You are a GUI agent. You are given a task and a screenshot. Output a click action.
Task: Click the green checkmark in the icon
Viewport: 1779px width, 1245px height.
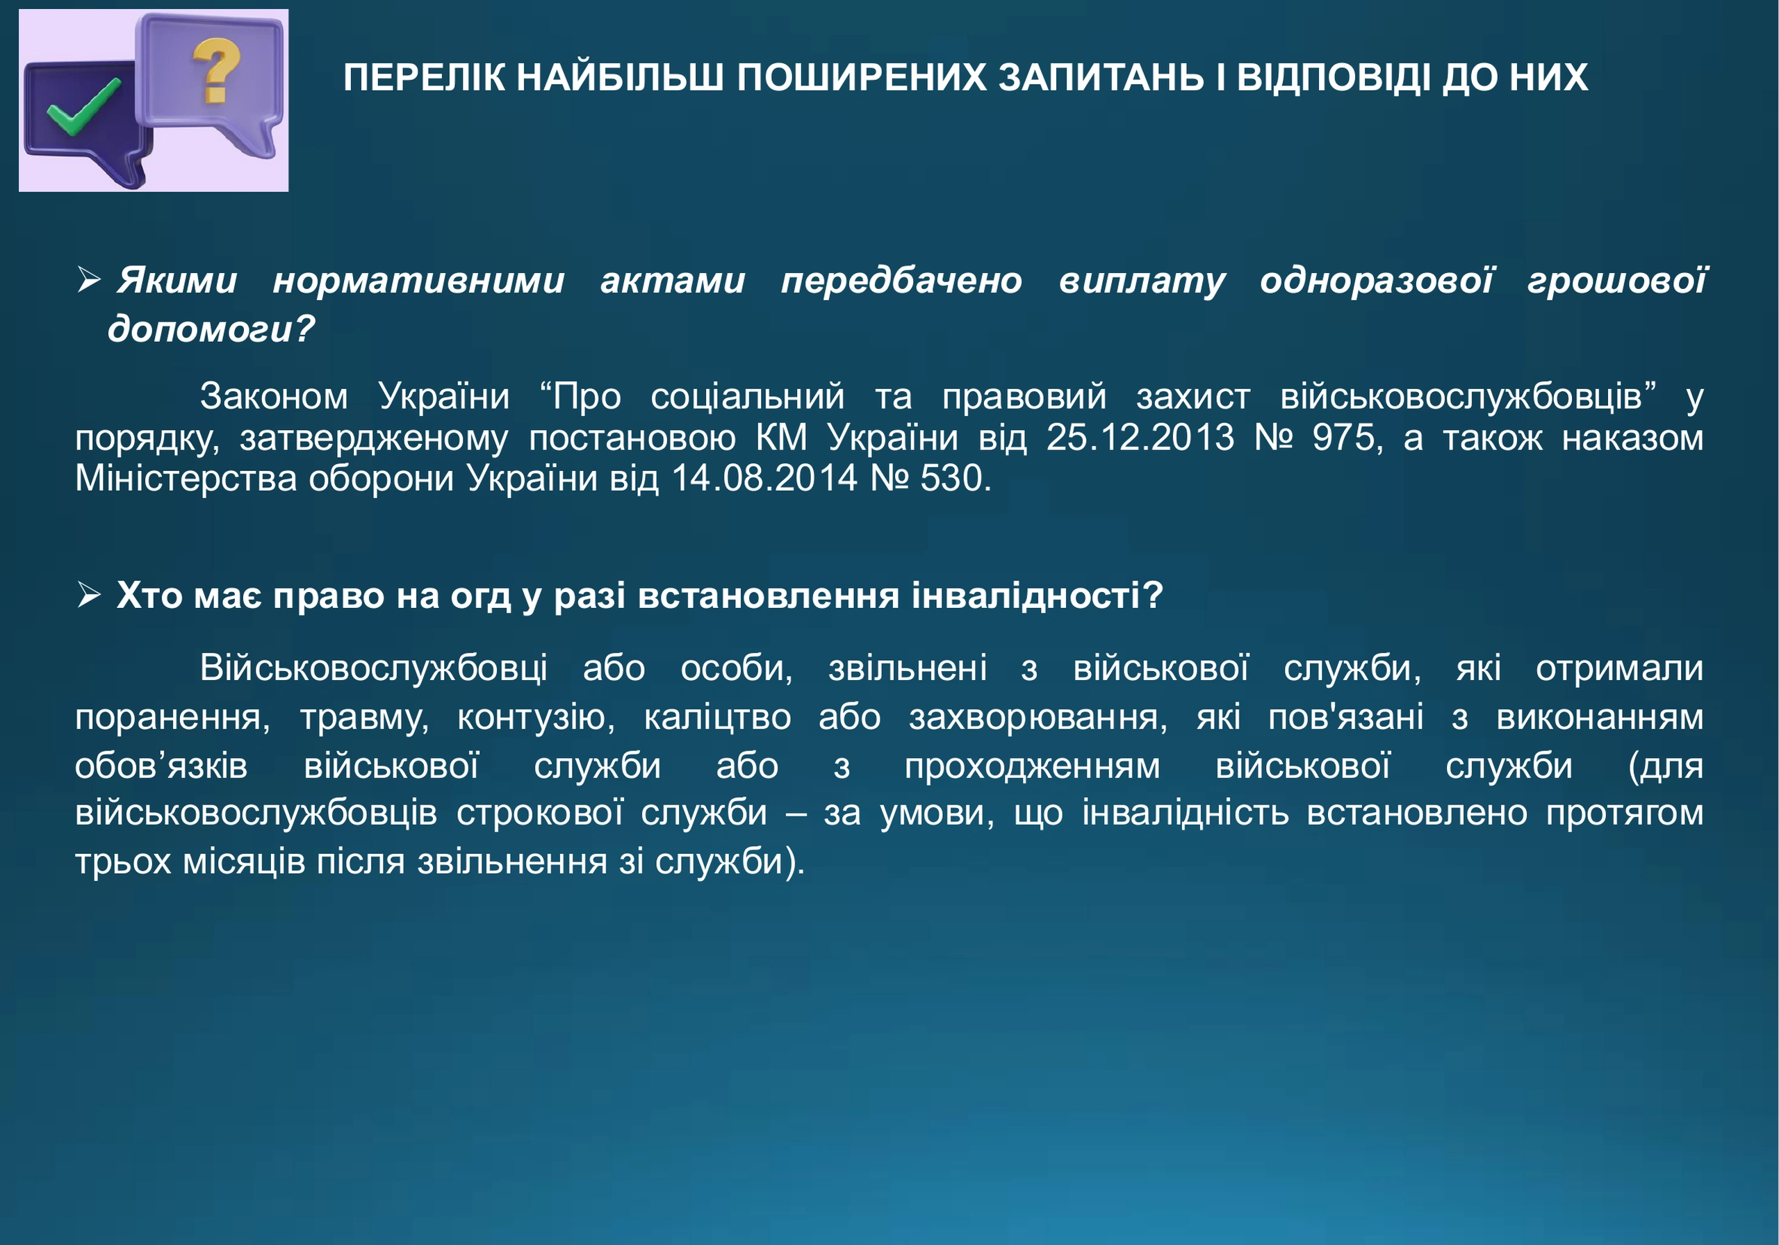point(81,108)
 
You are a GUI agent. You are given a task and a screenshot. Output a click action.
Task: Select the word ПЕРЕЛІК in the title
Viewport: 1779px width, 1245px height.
point(424,79)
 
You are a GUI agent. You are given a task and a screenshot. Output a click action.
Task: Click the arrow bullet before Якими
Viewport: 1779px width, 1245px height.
point(89,281)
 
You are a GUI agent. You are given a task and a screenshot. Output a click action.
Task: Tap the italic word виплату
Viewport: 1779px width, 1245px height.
point(1142,281)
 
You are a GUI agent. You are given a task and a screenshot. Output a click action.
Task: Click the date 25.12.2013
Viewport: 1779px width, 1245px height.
point(1140,438)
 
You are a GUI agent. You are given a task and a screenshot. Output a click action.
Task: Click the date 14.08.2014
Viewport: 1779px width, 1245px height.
point(764,478)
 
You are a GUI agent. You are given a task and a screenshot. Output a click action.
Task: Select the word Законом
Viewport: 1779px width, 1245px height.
point(274,397)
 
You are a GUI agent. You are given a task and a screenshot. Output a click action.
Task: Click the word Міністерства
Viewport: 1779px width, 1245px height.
point(186,479)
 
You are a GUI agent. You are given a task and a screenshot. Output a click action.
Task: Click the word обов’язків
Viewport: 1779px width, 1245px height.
point(161,766)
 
